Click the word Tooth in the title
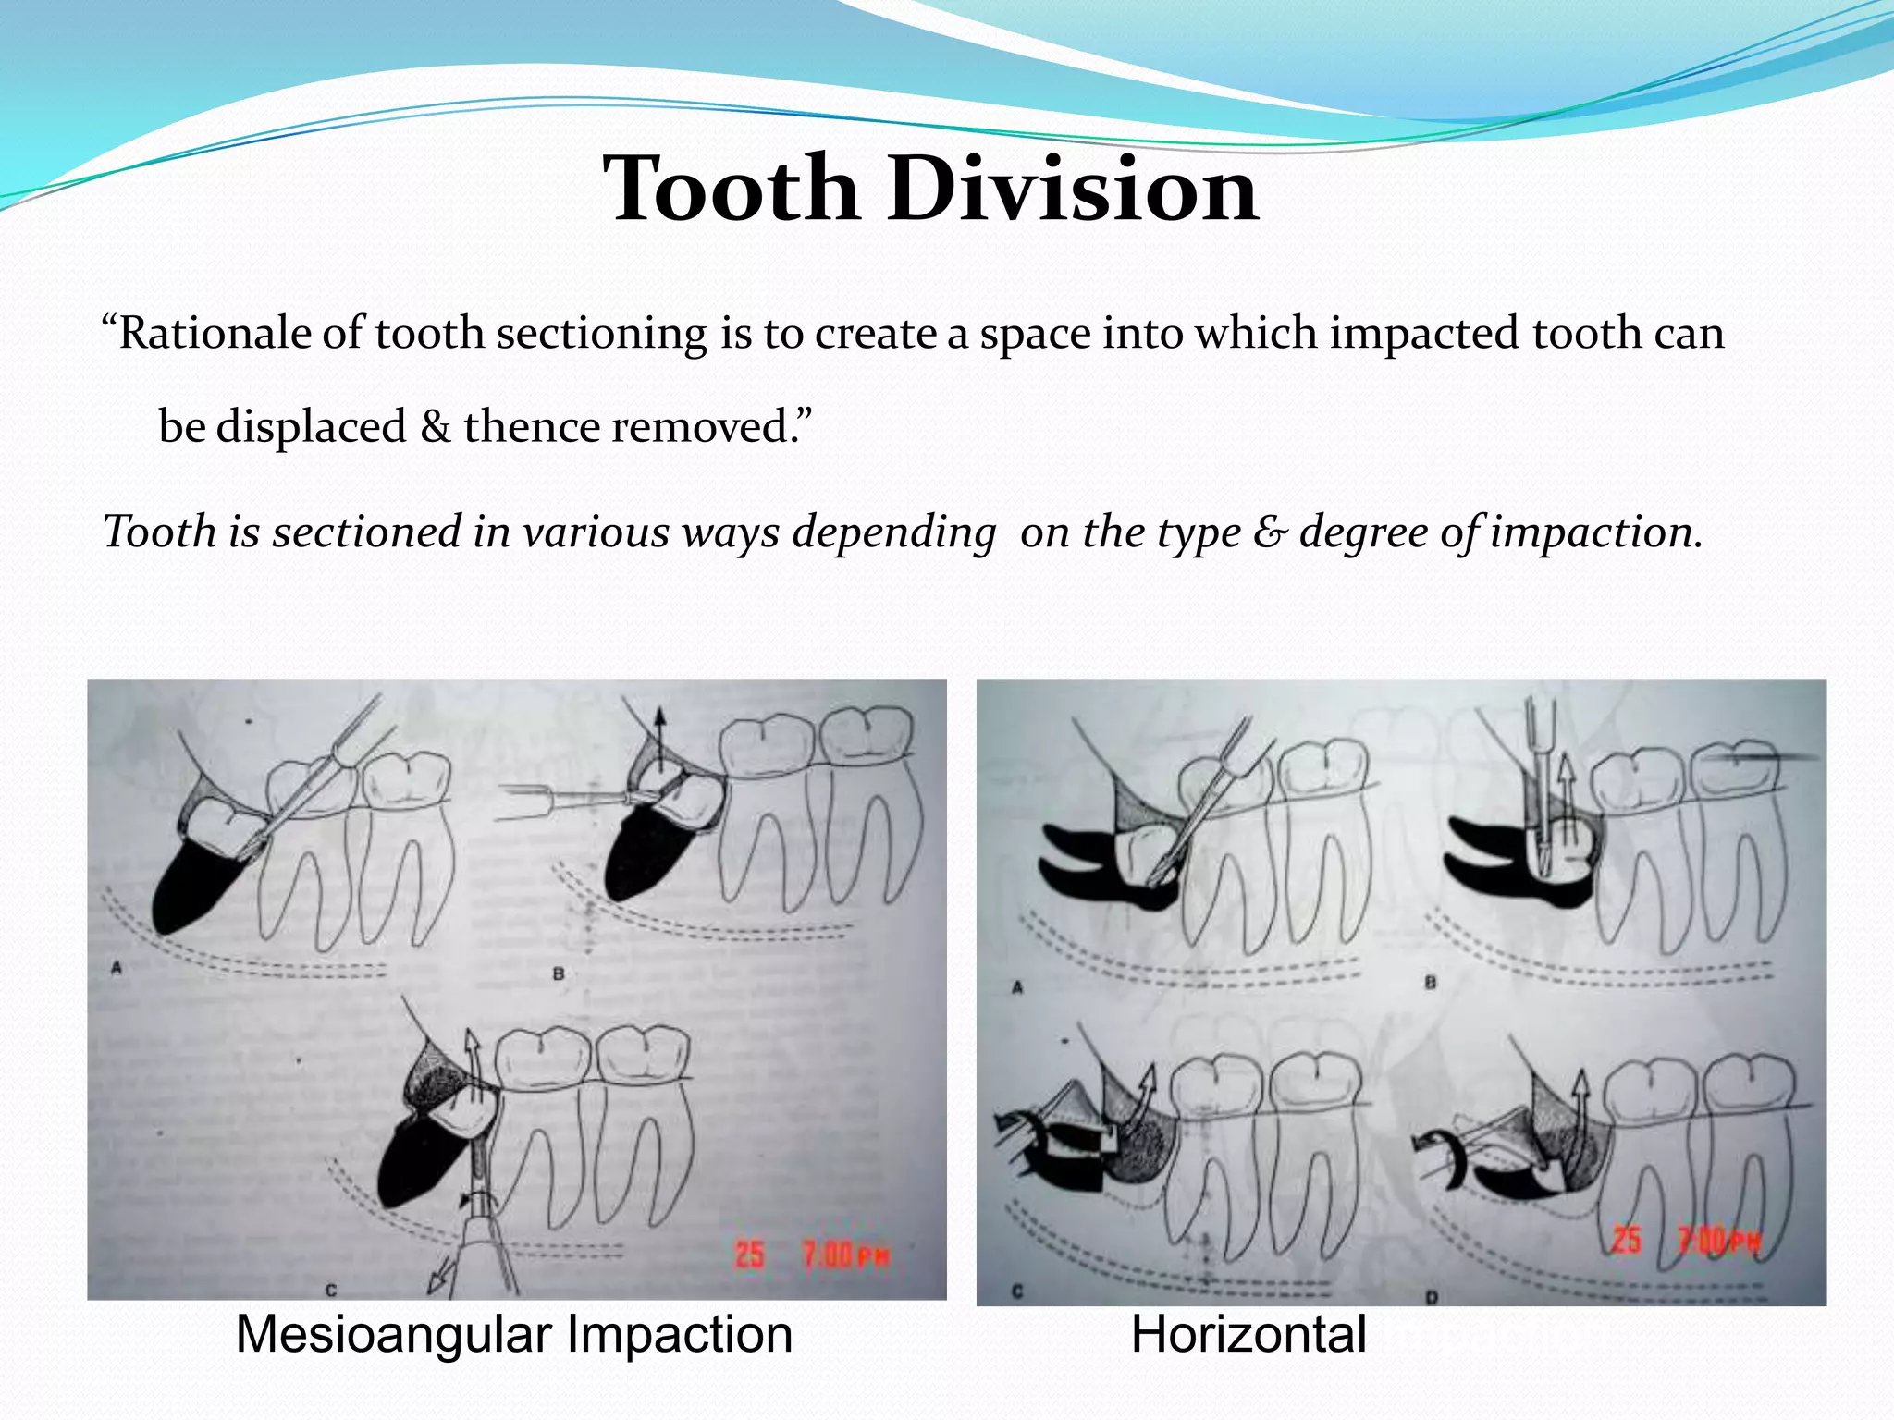[x=731, y=190]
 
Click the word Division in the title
[x=1073, y=190]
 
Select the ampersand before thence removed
[x=435, y=427]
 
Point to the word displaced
[x=311, y=427]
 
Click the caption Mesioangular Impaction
[x=514, y=1335]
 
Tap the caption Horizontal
[x=1248, y=1335]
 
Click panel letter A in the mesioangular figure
[x=117, y=968]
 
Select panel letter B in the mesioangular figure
[x=558, y=973]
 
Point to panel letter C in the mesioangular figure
[x=331, y=1289]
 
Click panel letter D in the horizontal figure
[x=1432, y=1297]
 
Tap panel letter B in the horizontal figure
[x=1430, y=983]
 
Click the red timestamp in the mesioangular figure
[x=812, y=1255]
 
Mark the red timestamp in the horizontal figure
[x=1685, y=1241]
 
